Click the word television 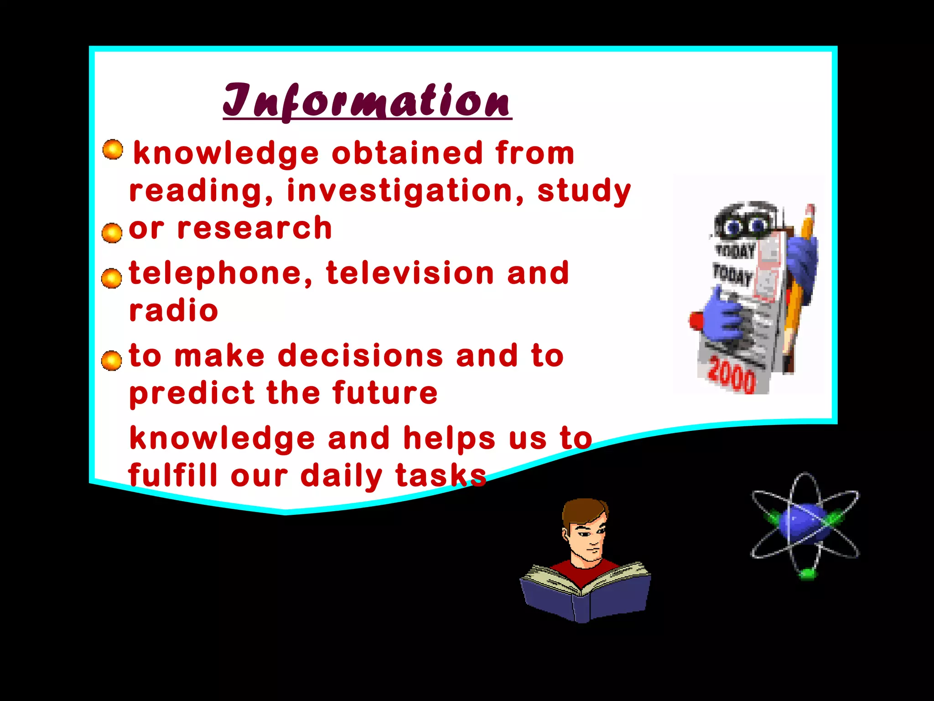410,273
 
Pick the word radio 174,311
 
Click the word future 385,393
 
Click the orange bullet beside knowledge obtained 113,150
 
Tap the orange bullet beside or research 112,233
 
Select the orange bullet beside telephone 112,278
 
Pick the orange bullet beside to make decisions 112,361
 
